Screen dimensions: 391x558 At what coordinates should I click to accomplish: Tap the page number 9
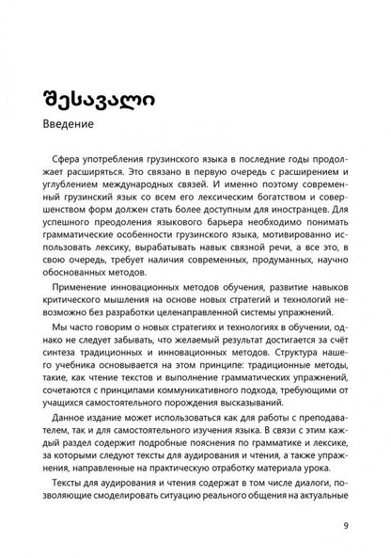coord(346,525)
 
